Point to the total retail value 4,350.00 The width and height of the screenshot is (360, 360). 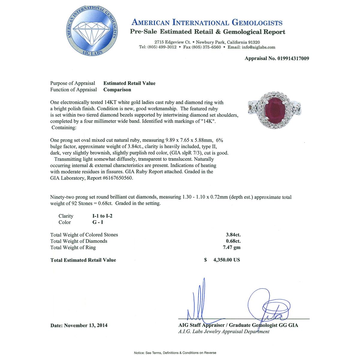pyautogui.click(x=226, y=260)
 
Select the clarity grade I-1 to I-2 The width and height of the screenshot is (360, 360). pyautogui.click(x=102, y=216)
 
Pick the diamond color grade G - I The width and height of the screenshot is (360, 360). pyautogui.click(x=98, y=222)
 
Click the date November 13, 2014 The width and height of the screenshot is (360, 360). pyautogui.click(x=86, y=325)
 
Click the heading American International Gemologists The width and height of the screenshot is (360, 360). pyautogui.click(x=207, y=22)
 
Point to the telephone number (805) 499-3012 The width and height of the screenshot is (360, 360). pyautogui.click(x=162, y=47)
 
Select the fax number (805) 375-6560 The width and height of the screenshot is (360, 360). pyautogui.click(x=206, y=47)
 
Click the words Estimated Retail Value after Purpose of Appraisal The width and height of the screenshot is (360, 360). pyautogui.click(x=129, y=83)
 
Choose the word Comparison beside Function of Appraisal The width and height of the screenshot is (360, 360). pyautogui.click(x=117, y=90)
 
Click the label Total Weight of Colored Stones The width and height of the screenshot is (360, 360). pyautogui.click(x=84, y=235)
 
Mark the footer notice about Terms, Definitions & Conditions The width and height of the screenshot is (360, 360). pyautogui.click(x=175, y=353)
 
